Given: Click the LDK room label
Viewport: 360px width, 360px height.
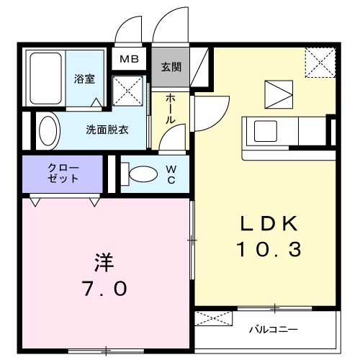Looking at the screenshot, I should (269, 224).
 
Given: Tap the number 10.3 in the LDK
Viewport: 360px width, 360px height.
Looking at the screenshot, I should (269, 251).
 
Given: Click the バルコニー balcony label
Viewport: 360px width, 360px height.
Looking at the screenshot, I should (274, 330).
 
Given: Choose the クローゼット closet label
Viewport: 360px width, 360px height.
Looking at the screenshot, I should (64, 174).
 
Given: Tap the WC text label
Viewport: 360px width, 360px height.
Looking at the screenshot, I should (171, 175).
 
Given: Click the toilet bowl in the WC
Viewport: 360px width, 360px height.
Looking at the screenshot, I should (141, 174).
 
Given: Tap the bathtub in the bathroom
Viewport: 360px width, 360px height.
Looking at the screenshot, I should (45, 78).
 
